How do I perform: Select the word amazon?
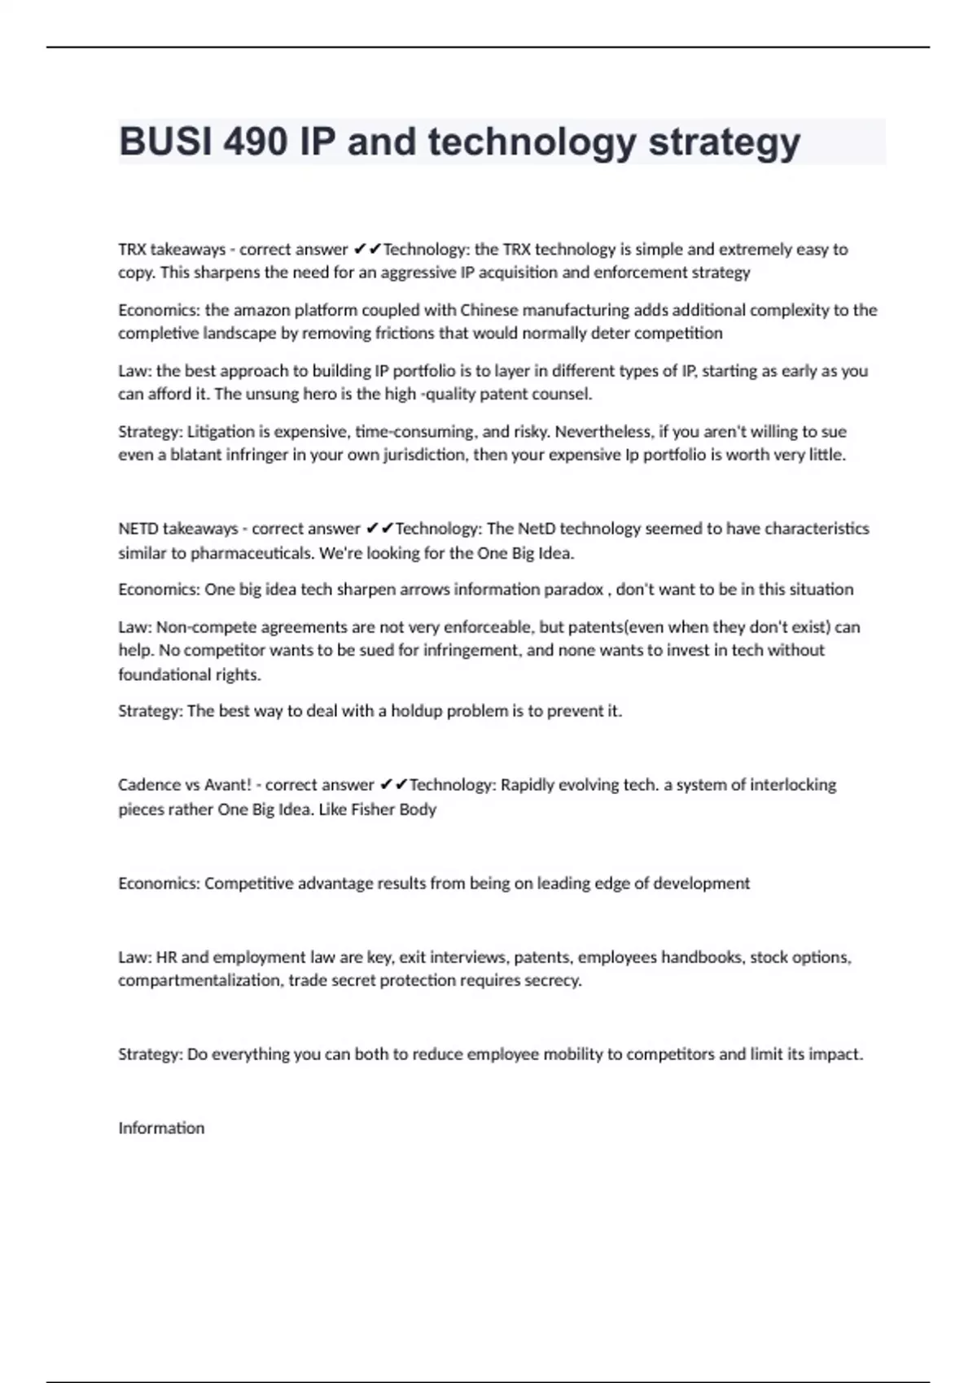(261, 310)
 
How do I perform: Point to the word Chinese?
(489, 310)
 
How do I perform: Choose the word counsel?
(562, 394)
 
